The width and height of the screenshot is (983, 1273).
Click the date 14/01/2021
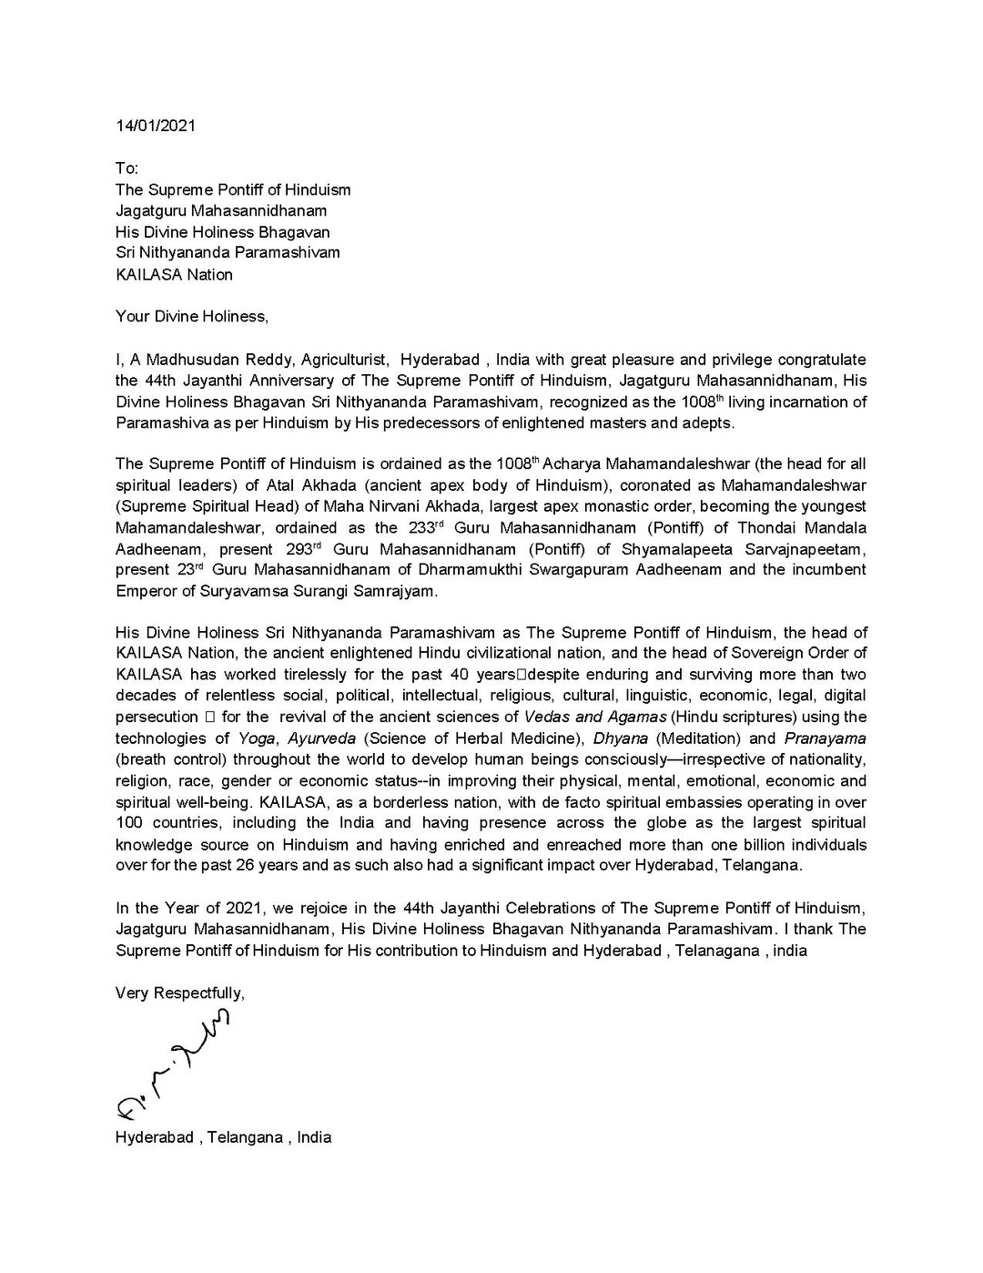(155, 126)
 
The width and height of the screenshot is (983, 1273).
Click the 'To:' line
(127, 168)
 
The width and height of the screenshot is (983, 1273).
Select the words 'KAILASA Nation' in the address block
(174, 274)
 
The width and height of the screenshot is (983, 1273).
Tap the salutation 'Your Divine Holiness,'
(192, 317)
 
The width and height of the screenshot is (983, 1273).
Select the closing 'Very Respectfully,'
(179, 993)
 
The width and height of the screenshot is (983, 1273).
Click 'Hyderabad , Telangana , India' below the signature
(223, 1137)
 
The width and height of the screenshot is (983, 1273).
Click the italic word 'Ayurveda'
(322, 738)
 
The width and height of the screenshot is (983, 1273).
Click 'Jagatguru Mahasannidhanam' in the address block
(220, 210)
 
